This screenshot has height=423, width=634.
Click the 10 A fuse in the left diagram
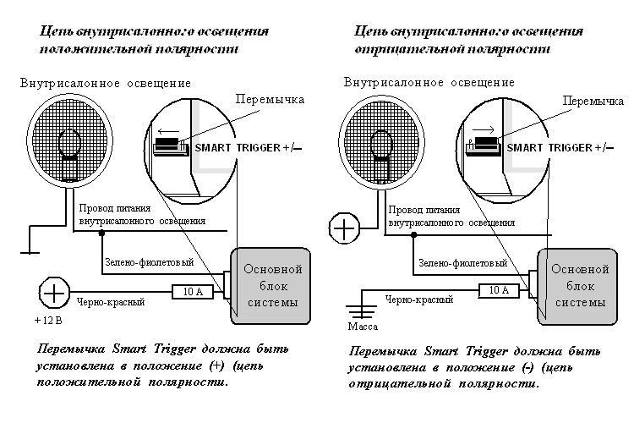click(194, 292)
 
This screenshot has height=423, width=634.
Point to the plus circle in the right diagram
click(346, 228)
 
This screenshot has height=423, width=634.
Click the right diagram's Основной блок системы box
click(580, 285)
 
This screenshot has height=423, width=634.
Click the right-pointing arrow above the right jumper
click(484, 130)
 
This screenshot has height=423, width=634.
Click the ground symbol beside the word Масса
click(363, 305)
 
